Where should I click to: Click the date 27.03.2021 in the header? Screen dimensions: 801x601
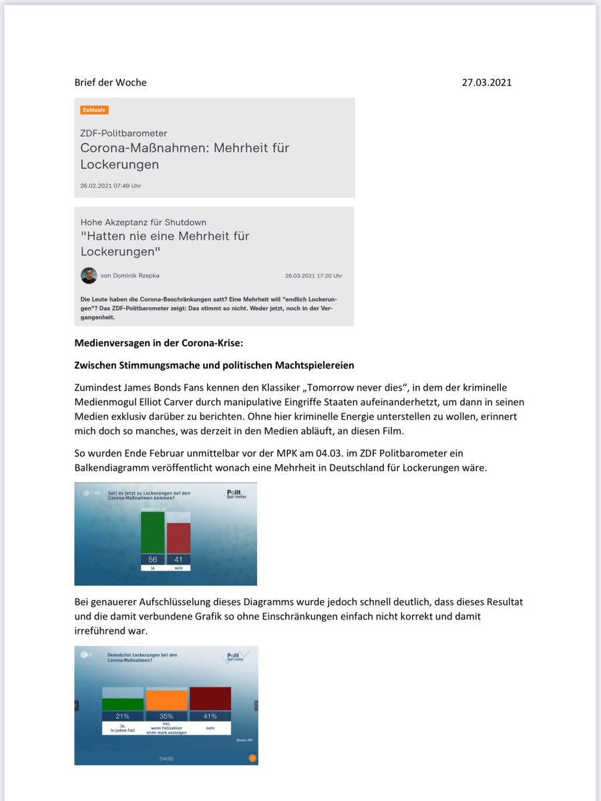pos(486,83)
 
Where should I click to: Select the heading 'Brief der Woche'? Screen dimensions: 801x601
pos(110,83)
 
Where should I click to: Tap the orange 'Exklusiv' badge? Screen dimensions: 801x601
pos(94,109)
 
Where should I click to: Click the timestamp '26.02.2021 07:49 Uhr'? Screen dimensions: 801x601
pos(111,186)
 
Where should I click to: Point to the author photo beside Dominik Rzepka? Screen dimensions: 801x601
pos(89,275)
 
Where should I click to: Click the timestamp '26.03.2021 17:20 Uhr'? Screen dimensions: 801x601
pos(313,276)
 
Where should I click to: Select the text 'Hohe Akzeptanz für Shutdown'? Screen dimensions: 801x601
pos(144,222)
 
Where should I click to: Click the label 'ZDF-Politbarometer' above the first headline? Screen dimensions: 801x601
pos(124,133)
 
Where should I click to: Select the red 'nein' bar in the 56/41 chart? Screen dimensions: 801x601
pos(178,537)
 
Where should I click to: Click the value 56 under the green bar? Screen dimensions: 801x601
pos(152,559)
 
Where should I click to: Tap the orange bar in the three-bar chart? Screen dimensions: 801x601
pos(167,700)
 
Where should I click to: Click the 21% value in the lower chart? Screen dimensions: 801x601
pos(123,716)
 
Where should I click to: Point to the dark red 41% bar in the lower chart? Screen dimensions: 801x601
pos(210,699)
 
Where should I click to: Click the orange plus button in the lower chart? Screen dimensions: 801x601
pos(252,758)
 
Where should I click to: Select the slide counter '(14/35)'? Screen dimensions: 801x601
pos(166,759)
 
